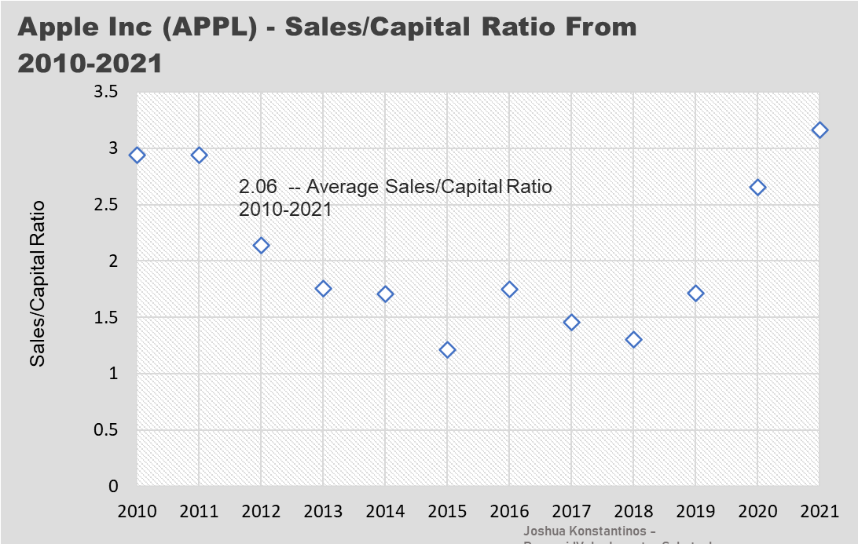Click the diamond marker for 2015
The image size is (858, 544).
pyautogui.click(x=447, y=349)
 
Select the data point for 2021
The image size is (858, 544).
pyautogui.click(x=819, y=130)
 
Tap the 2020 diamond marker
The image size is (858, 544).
pyautogui.click(x=757, y=187)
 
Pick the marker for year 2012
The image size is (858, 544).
pyautogui.click(x=261, y=246)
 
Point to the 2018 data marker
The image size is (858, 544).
pyautogui.click(x=633, y=339)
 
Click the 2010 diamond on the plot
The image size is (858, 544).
pyautogui.click(x=137, y=155)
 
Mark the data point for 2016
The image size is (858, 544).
pyautogui.click(x=509, y=289)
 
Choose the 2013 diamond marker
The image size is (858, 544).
pyautogui.click(x=323, y=288)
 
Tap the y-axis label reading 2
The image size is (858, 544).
pyautogui.click(x=112, y=261)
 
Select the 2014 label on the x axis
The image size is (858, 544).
pyautogui.click(x=385, y=511)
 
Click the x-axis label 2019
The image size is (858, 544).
pyautogui.click(x=695, y=511)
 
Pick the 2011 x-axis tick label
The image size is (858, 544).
pyautogui.click(x=199, y=511)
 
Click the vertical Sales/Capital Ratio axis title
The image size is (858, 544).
pyautogui.click(x=37, y=283)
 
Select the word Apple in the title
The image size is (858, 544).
pyautogui.click(x=57, y=27)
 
